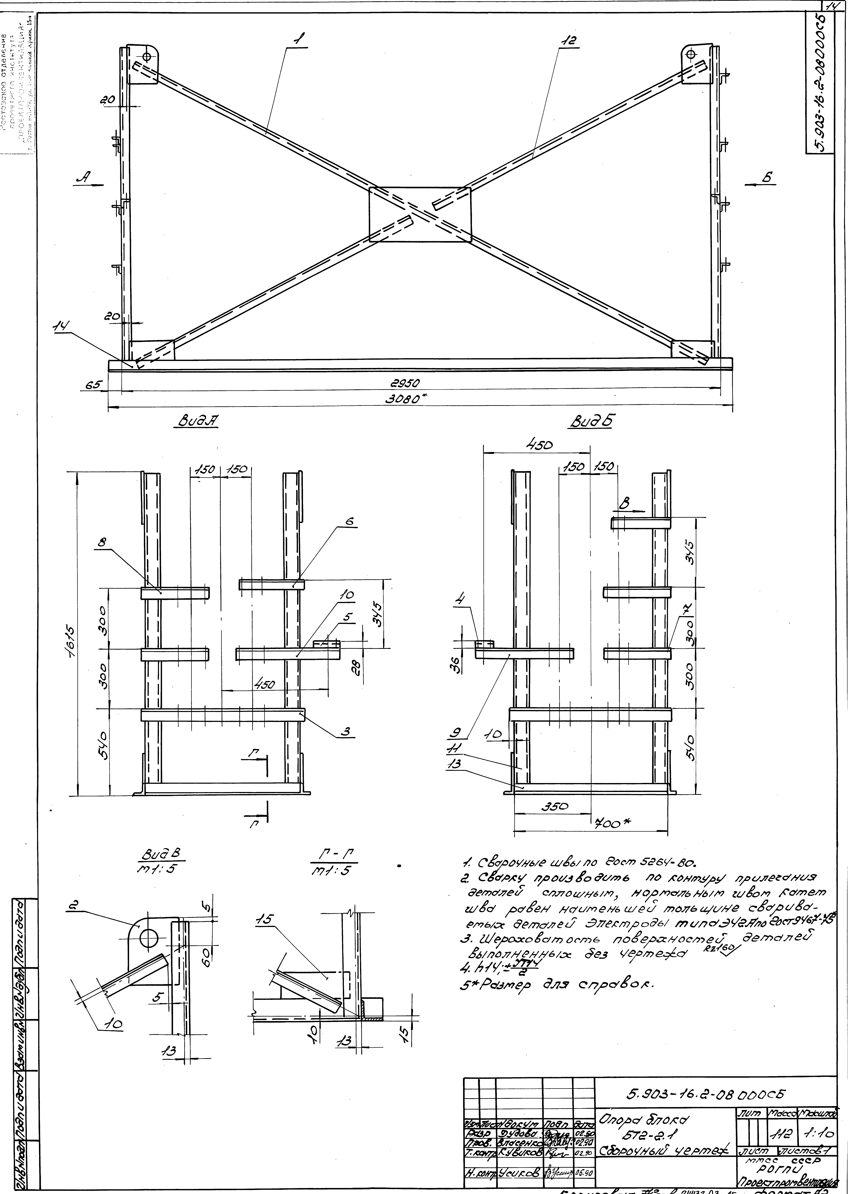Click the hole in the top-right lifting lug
pos(691,54)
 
